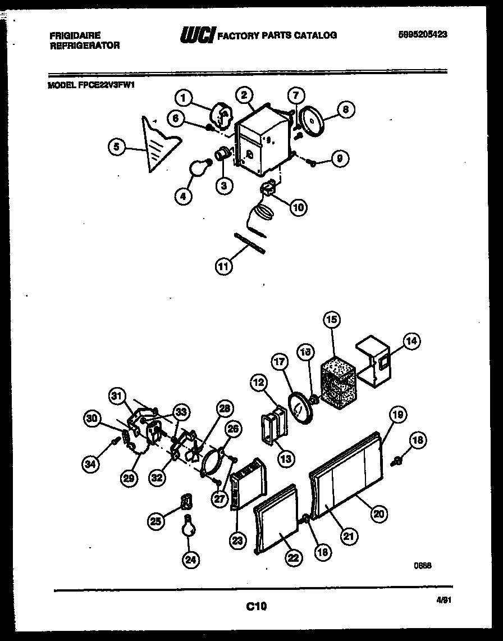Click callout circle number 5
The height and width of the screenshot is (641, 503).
(116, 147)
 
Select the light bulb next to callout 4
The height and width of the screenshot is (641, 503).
(198, 168)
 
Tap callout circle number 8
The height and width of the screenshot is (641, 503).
(345, 110)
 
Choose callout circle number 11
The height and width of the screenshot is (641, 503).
(223, 266)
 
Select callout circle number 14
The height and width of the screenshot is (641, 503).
(411, 340)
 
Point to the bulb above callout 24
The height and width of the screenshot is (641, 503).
(189, 526)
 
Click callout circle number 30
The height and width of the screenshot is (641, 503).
(92, 417)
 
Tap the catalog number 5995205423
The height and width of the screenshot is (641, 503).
(421, 35)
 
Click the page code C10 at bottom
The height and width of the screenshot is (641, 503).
(256, 606)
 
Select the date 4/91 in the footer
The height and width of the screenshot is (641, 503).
(443, 600)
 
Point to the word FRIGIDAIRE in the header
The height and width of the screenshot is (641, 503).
(75, 35)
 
